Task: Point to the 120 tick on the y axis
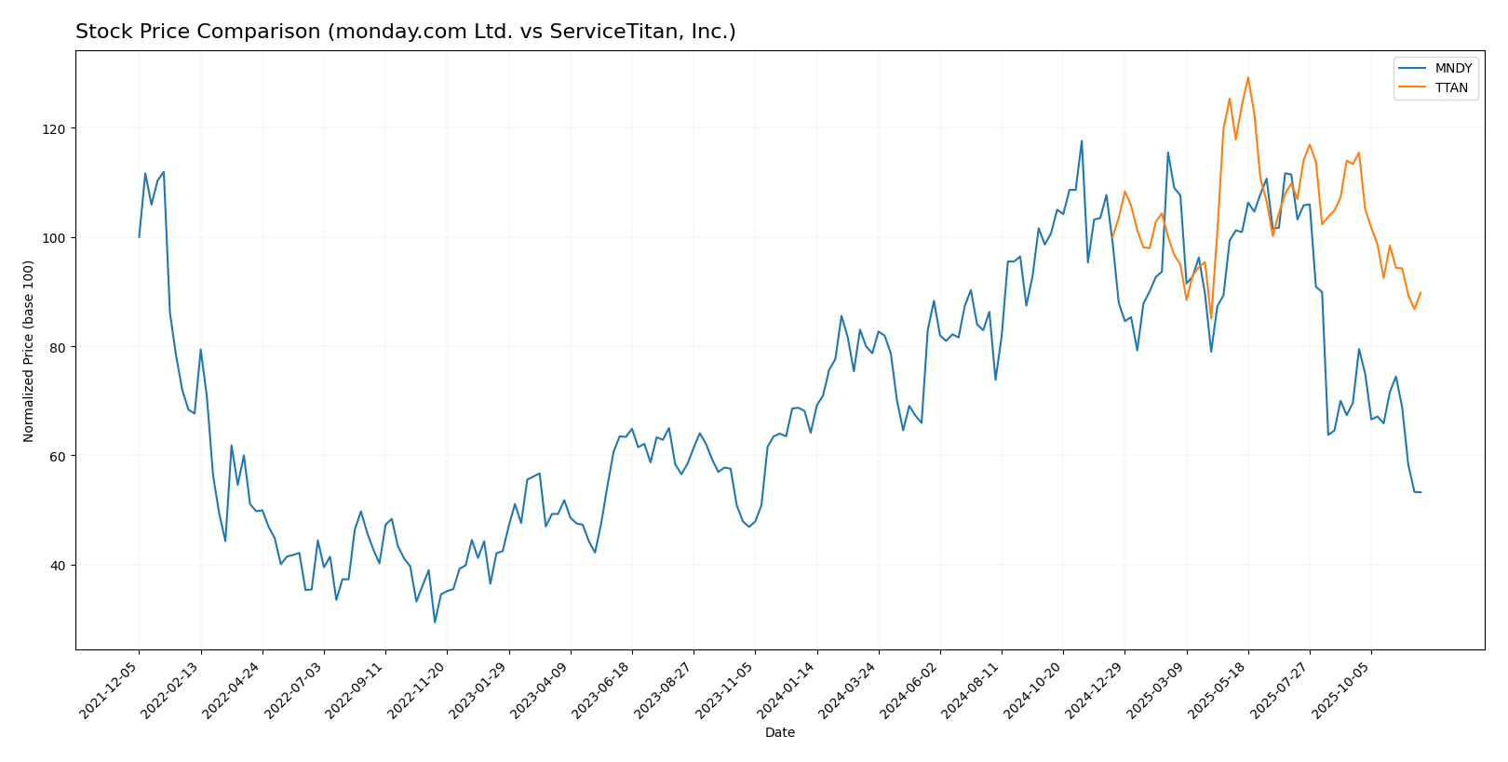click(x=58, y=128)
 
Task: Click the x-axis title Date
click(x=780, y=733)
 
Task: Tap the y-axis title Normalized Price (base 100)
click(x=29, y=351)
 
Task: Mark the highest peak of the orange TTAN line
click(x=1248, y=77)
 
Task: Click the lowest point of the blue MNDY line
click(x=435, y=622)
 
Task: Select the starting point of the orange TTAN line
click(x=1112, y=237)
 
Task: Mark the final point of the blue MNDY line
click(x=1420, y=492)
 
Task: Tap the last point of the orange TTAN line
click(x=1420, y=292)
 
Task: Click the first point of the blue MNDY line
click(x=140, y=237)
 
